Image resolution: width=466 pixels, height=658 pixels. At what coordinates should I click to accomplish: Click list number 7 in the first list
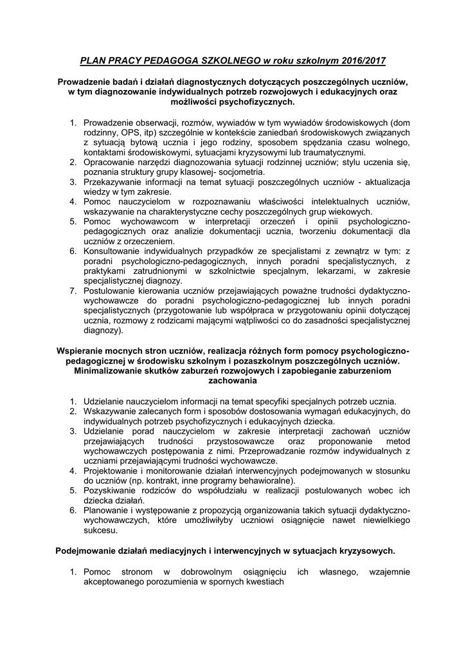click(73, 292)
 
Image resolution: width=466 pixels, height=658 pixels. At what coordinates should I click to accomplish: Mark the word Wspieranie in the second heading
click(84, 351)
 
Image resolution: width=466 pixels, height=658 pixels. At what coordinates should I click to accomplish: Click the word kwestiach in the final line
click(262, 582)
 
